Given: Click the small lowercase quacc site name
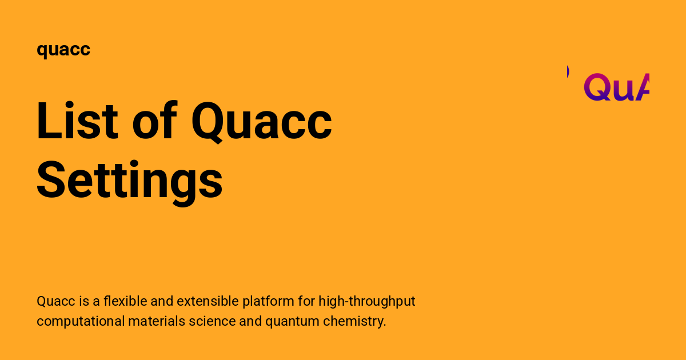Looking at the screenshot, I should point(63,50).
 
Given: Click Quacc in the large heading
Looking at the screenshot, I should point(261,122).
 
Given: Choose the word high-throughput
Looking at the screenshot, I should point(367,301).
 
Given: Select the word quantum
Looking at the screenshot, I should point(292,321).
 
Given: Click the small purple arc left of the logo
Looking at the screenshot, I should point(567,71).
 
